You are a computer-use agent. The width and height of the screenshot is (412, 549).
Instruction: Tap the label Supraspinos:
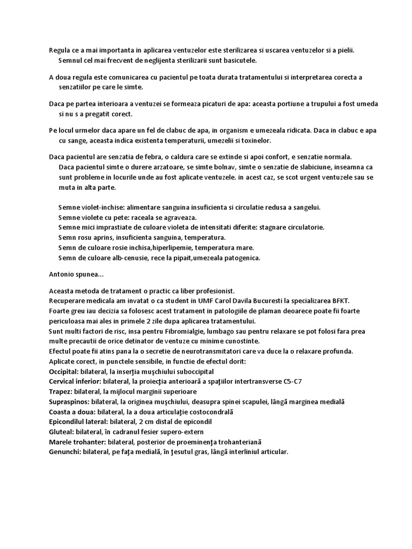pos(69,402)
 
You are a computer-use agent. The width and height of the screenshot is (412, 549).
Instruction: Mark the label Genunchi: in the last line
pos(65,452)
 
